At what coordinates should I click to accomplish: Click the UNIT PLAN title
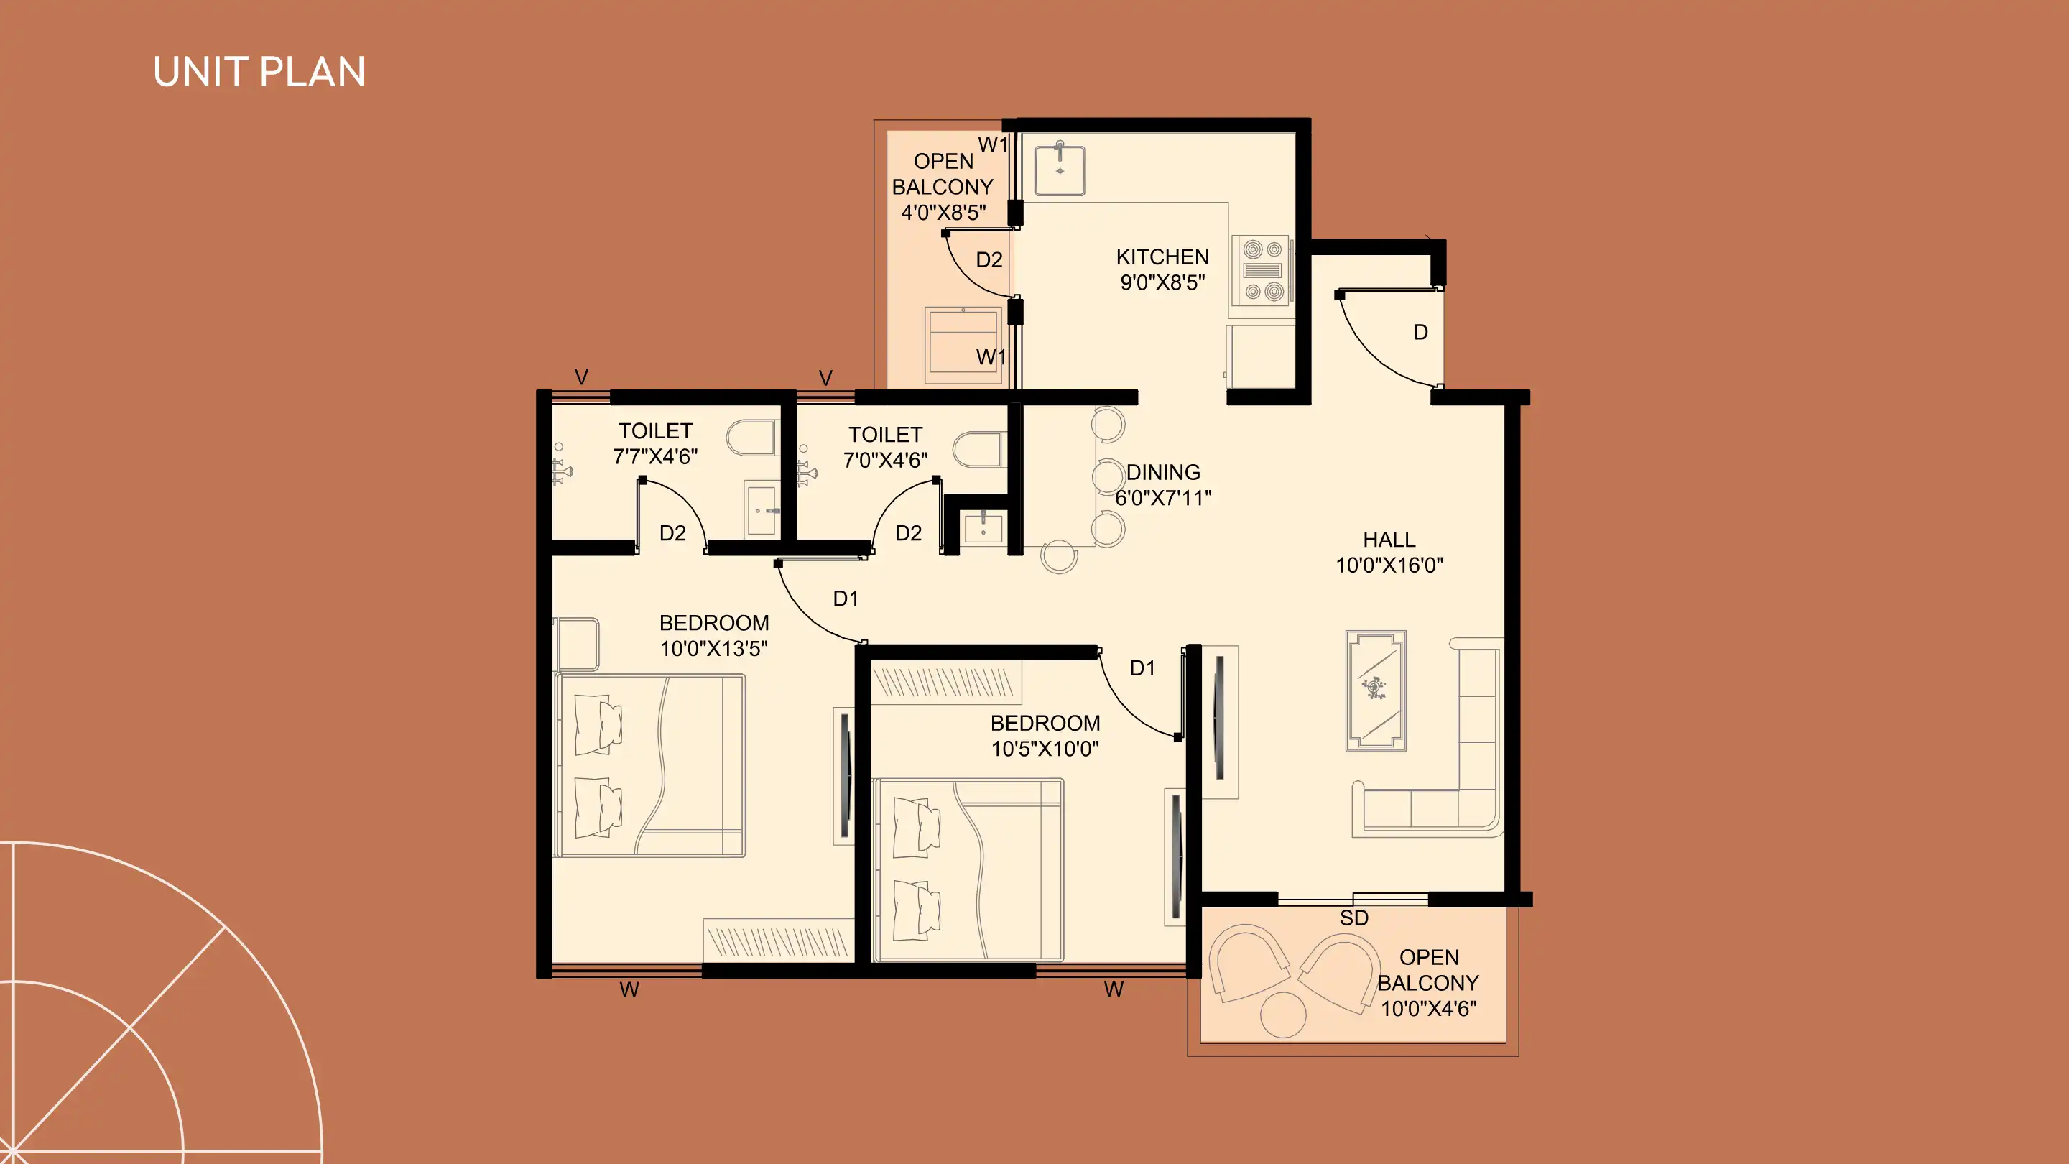[259, 73]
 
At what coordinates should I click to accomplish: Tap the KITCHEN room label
[1162, 257]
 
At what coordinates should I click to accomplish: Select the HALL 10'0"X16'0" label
[1389, 552]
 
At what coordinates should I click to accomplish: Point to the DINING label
[1163, 472]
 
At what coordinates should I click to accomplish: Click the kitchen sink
[1060, 170]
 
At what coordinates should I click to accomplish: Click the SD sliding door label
[1353, 918]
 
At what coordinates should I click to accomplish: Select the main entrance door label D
[1421, 333]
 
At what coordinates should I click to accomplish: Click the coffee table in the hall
[1376, 690]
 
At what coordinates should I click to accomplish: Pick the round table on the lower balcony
[1282, 1015]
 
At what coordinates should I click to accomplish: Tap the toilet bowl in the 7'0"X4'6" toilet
[978, 450]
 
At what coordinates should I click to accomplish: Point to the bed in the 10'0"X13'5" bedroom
[649, 765]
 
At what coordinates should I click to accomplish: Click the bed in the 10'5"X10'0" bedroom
[968, 869]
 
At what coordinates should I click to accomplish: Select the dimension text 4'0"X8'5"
[943, 213]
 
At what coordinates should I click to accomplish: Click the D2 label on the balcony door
[989, 259]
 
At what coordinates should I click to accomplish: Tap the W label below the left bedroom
[629, 989]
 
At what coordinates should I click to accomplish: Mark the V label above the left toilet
[581, 377]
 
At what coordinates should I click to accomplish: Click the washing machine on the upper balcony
[963, 346]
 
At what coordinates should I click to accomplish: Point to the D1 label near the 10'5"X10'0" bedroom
[1142, 668]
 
